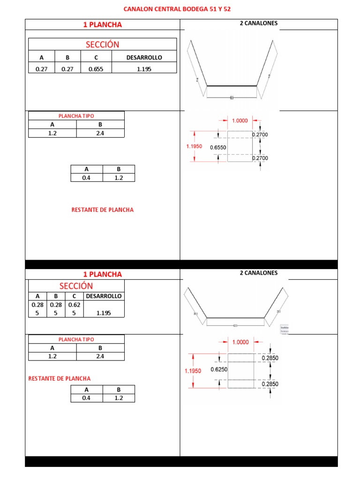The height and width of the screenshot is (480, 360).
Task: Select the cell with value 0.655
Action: [96, 69]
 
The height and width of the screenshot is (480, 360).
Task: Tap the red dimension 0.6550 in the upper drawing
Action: [218, 147]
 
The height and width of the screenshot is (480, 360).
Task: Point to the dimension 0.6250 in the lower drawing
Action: [219, 369]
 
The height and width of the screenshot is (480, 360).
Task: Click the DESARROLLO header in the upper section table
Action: [144, 57]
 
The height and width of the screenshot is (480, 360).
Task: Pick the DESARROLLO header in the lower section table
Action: [103, 296]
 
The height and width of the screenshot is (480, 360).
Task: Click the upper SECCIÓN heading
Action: [102, 45]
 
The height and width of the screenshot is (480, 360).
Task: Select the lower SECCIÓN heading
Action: [76, 286]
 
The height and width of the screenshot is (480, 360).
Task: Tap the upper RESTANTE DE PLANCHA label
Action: [102, 210]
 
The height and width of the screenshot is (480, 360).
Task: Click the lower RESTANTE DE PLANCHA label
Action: [60, 378]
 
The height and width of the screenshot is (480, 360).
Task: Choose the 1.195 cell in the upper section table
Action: [144, 69]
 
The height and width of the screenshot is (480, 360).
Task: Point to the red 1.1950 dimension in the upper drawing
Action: [194, 146]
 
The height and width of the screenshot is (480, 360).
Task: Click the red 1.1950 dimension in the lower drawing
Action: [193, 371]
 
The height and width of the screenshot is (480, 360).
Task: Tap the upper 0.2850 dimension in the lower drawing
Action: [270, 358]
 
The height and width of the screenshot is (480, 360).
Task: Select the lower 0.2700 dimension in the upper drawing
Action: [260, 158]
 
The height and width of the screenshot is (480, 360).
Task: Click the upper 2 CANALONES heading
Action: [258, 23]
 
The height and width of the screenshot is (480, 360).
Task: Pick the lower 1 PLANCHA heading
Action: [102, 274]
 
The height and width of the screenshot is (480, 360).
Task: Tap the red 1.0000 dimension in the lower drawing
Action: [240, 342]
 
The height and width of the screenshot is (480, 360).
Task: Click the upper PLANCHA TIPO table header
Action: [76, 116]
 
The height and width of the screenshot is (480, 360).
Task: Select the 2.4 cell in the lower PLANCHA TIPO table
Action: [100, 356]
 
